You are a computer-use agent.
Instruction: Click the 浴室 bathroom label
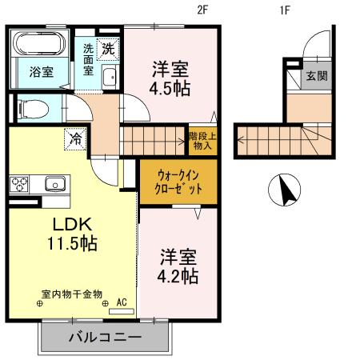(x=42, y=72)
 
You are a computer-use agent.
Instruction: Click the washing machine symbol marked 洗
(x=107, y=48)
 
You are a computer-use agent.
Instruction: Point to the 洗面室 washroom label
(x=88, y=59)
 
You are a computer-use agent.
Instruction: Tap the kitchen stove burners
(x=19, y=183)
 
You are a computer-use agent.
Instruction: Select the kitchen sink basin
(x=54, y=182)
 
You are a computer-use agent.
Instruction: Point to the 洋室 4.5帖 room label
(x=171, y=78)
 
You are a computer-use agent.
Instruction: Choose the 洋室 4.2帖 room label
(x=178, y=266)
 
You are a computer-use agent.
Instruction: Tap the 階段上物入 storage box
(x=200, y=141)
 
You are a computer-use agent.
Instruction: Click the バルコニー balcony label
(x=105, y=338)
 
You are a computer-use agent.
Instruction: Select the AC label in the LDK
(x=122, y=302)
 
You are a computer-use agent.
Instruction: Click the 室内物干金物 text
(x=72, y=294)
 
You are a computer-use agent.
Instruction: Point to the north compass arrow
(x=286, y=190)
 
